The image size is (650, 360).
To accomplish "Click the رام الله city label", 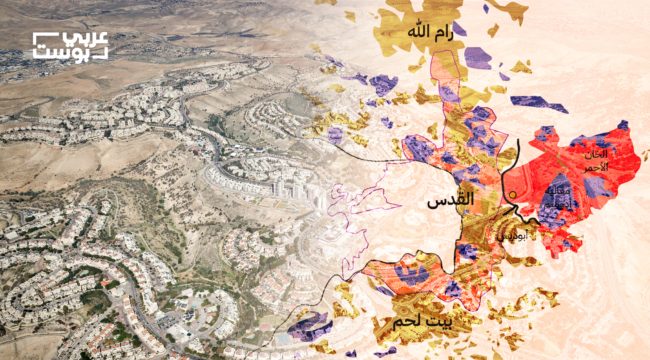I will point(431,34).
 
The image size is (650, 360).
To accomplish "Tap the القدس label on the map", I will point(449,202).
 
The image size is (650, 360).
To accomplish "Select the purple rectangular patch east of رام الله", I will point(478,57).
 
